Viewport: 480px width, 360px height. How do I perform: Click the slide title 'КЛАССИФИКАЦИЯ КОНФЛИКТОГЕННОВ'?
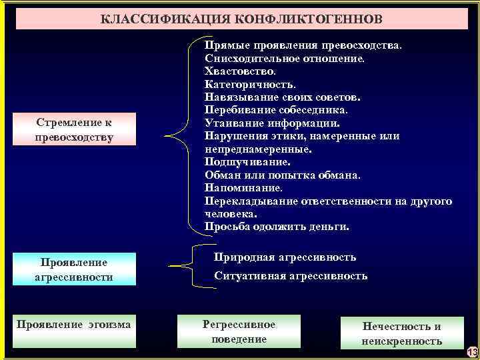coord(241,19)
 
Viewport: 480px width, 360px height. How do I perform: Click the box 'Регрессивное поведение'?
coord(239,331)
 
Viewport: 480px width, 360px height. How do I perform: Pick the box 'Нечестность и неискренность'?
coord(401,333)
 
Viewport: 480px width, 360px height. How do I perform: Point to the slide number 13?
coord(472,352)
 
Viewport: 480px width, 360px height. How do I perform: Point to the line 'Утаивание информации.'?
coord(272,123)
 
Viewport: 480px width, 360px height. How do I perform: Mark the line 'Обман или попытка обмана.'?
coord(283,175)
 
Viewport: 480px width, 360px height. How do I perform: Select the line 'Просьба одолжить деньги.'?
coord(277,227)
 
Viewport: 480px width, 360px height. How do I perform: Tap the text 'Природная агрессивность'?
coord(285,257)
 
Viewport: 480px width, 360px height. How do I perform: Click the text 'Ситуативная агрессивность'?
coord(291,275)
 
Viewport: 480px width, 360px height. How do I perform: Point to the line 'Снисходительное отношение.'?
coord(285,58)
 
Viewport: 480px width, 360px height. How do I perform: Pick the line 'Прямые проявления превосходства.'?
coord(303,45)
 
